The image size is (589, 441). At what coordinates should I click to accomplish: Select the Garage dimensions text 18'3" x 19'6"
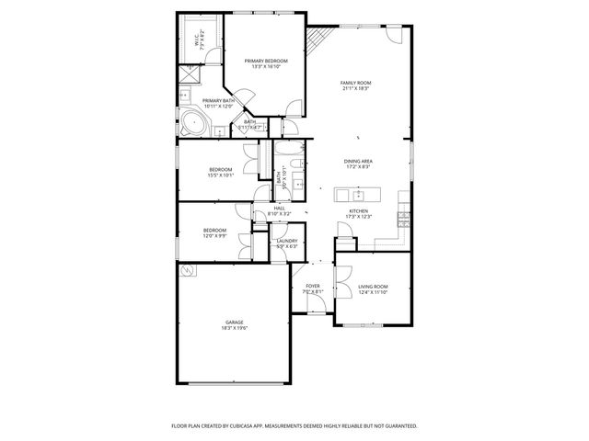(x=234, y=328)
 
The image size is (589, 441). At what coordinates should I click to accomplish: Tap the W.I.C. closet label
(x=197, y=38)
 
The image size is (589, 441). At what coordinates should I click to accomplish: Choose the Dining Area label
(x=358, y=162)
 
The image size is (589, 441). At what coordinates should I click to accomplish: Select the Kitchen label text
(x=358, y=210)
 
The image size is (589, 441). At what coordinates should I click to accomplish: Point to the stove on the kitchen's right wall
(x=403, y=218)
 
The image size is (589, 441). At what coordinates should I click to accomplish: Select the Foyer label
(x=313, y=286)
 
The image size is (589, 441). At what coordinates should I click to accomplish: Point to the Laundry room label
(x=287, y=240)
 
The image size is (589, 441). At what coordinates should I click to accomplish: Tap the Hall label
(x=279, y=208)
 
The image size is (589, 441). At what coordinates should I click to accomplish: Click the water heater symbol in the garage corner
(x=189, y=271)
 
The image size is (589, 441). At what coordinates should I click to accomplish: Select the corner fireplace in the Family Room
(x=318, y=40)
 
